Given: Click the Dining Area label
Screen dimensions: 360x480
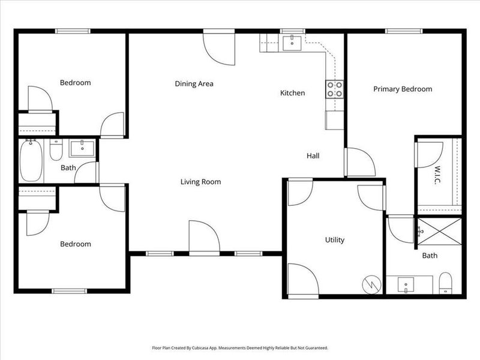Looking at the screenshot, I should point(194,84).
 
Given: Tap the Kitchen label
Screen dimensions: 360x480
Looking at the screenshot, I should point(293,93).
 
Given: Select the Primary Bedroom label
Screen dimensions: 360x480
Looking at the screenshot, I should point(403,89).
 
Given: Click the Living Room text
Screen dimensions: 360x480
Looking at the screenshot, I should point(201,182).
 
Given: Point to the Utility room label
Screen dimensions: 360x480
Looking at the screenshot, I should point(334,240).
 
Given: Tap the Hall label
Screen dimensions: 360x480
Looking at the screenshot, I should point(313,156).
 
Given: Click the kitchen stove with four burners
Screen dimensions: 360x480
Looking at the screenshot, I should point(335,89).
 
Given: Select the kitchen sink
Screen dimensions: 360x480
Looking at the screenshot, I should point(294,41).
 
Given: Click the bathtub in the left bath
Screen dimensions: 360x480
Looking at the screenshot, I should point(30,160).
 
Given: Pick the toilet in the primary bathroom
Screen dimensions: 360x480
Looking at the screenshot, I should point(445,283).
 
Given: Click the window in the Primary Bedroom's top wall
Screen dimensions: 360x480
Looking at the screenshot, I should point(402,31).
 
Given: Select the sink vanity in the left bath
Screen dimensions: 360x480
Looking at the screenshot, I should point(79,148).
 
